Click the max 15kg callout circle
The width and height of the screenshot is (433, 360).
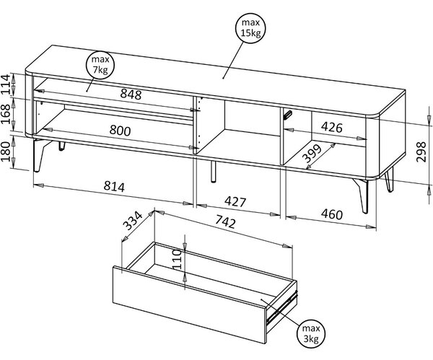point(250,28)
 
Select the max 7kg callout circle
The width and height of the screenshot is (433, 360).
point(100,65)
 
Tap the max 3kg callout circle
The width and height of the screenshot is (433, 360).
point(311,333)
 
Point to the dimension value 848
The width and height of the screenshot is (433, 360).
point(131,94)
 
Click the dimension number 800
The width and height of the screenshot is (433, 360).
point(120,130)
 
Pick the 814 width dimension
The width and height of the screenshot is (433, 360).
point(114,187)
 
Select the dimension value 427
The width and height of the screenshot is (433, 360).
point(235,201)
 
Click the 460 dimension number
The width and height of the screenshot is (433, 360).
point(332,214)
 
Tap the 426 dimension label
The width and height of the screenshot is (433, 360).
point(332,127)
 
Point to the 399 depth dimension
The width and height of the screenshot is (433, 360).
point(312,154)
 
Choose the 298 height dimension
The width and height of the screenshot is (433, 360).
point(421,152)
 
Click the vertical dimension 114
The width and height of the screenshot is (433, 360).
point(6,84)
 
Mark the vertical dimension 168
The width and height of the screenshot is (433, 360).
point(6,114)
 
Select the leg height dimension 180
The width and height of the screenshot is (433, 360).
point(6,152)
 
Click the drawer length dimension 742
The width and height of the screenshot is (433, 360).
point(226,221)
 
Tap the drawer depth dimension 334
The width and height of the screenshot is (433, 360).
point(132,221)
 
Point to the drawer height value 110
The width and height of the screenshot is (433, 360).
point(176,259)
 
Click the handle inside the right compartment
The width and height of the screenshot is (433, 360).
point(287,115)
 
